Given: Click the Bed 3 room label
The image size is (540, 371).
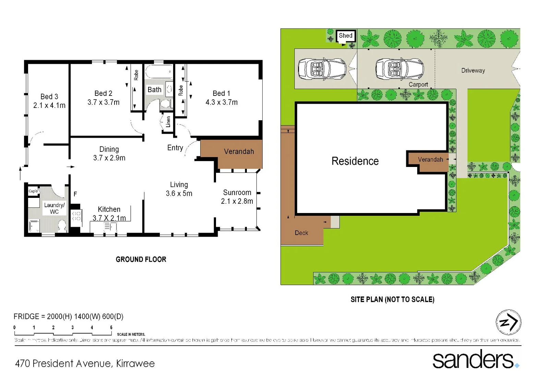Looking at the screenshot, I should (x=49, y=97).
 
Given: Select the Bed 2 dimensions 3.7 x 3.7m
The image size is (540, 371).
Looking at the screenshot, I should (x=103, y=102).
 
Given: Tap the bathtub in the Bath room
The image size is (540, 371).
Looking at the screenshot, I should (x=158, y=72).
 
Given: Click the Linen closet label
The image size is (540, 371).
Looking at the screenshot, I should (x=168, y=122).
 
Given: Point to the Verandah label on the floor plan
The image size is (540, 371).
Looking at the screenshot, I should (x=239, y=151).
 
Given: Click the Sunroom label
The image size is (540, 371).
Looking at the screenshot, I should (x=237, y=192).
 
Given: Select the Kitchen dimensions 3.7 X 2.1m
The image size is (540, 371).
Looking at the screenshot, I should (x=109, y=218).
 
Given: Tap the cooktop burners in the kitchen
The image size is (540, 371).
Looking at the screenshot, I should (x=76, y=216).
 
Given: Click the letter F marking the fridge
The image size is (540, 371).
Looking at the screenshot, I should (x=75, y=194).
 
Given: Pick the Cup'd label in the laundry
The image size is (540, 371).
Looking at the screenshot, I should (x=33, y=191).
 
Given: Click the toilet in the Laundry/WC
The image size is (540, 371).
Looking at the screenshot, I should (x=62, y=226).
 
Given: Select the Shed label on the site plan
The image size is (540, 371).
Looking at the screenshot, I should (x=345, y=35).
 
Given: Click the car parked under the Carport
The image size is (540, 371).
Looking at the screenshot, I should (x=399, y=69).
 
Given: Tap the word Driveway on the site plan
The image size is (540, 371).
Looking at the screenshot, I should (x=473, y=70).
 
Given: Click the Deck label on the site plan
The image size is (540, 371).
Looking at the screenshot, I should (x=301, y=233).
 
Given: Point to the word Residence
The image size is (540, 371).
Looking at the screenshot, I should (x=355, y=161).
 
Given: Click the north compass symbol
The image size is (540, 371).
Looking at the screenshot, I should (x=508, y=322).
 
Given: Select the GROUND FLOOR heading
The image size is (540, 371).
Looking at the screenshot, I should (x=141, y=259).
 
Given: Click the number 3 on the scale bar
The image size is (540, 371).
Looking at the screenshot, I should (x=72, y=327).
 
